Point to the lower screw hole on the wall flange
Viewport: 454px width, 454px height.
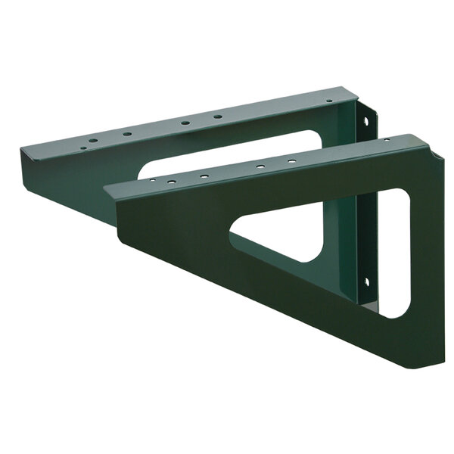coord(367,282)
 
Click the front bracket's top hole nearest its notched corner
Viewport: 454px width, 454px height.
coord(387,141)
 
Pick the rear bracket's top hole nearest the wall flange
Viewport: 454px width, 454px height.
coord(331,100)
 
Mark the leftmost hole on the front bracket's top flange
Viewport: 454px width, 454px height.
coord(151,182)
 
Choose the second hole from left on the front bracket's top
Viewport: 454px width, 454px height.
coord(172,181)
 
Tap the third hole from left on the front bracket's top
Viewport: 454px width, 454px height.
coord(204,176)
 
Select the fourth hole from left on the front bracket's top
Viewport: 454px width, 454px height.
coord(259,166)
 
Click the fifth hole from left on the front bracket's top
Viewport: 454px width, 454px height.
coord(291,160)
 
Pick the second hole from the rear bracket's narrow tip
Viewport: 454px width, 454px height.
coord(92,141)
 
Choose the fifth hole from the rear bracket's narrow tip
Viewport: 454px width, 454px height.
coord(217,117)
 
